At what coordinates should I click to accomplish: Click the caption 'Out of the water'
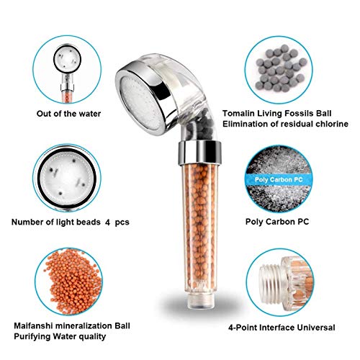pyautogui.click(x=68, y=114)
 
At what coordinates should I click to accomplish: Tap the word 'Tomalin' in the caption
pyautogui.click(x=238, y=113)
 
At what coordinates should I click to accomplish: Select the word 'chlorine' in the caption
pyautogui.click(x=332, y=124)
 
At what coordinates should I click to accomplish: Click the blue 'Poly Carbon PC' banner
pyautogui.click(x=279, y=180)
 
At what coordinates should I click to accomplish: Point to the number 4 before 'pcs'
pyautogui.click(x=108, y=222)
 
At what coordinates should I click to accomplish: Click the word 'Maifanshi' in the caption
pyautogui.click(x=33, y=325)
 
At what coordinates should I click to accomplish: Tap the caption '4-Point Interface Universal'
pyautogui.click(x=282, y=328)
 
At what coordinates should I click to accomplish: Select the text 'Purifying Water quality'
pyautogui.click(x=60, y=336)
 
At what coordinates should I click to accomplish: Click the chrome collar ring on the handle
pyautogui.click(x=199, y=153)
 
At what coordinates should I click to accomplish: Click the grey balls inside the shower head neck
pyautogui.click(x=202, y=125)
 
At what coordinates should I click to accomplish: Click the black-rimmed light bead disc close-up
pyautogui.click(x=67, y=178)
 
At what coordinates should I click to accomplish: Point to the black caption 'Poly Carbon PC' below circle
pyautogui.click(x=277, y=222)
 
